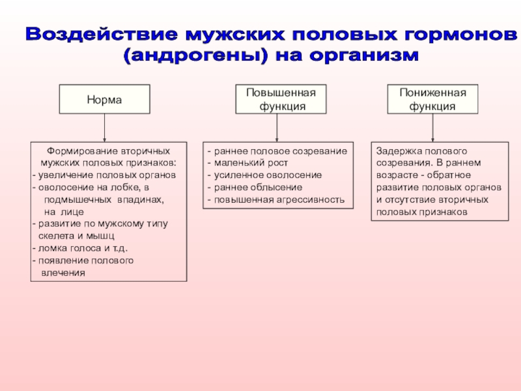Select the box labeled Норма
click(x=105, y=99)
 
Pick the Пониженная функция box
click(x=432, y=99)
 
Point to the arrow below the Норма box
click(x=105, y=127)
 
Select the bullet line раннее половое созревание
click(x=279, y=151)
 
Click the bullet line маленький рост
click(x=250, y=163)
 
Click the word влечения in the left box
click(x=63, y=272)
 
